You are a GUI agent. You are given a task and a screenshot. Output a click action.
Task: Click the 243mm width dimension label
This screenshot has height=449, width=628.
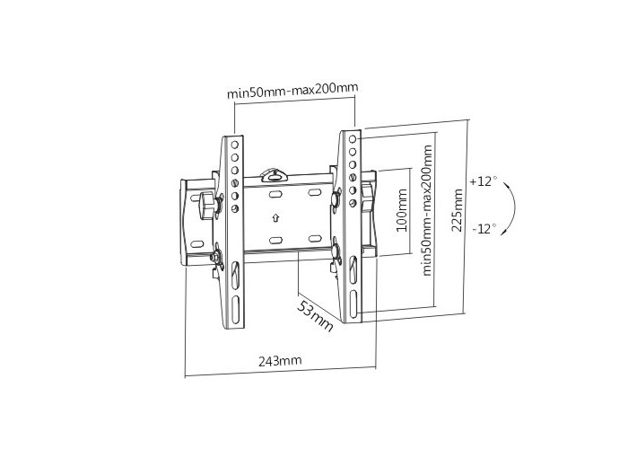tap(280, 361)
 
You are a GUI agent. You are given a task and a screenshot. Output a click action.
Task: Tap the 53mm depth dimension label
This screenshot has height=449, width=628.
tap(315, 315)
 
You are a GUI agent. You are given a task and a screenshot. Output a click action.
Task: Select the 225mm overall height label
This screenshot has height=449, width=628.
tap(457, 211)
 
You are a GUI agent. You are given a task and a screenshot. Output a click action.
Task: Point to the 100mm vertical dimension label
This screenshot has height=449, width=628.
tap(402, 210)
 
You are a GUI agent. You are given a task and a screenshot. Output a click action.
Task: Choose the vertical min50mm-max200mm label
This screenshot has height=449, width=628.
tap(427, 210)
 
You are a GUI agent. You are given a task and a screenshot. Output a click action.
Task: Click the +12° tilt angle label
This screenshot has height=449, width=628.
tap(484, 181)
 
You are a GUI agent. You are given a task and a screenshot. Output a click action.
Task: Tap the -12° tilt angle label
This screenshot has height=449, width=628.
tap(484, 229)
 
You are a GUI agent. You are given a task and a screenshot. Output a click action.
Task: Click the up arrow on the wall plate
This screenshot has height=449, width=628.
tap(275, 218)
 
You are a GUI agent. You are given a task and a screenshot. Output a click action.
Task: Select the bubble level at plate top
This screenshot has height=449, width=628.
tap(275, 175)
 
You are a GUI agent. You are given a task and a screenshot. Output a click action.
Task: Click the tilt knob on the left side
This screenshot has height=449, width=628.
tap(207, 206)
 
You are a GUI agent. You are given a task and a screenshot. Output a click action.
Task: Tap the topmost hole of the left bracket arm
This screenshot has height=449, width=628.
tap(235, 145)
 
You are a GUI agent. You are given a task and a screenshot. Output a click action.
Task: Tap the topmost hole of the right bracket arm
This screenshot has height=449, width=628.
tap(353, 139)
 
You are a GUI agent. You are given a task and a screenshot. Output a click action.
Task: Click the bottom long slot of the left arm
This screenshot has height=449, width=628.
tap(235, 310)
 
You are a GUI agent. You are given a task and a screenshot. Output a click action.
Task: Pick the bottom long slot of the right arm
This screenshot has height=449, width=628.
tap(353, 304)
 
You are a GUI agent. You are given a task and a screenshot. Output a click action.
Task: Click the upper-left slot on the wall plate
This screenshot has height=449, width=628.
tap(275, 195)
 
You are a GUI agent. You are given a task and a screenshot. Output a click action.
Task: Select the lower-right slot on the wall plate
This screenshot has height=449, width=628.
tap(315, 239)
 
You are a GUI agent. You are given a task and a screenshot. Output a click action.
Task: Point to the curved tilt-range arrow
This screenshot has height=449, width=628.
tap(510, 208)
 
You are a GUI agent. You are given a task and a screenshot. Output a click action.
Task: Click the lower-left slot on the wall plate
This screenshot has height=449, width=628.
tap(275, 241)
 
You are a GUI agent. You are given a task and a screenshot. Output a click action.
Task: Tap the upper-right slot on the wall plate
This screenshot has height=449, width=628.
tap(314, 193)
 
